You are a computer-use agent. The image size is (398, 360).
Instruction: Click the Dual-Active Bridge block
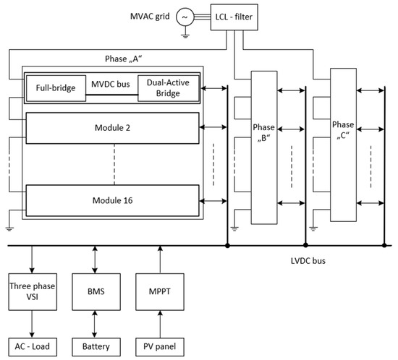coord(166,88)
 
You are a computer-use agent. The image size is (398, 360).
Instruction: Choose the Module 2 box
coord(112,127)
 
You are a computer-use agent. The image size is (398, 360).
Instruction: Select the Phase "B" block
coord(265,137)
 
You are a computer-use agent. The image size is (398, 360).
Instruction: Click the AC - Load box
coord(31,346)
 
